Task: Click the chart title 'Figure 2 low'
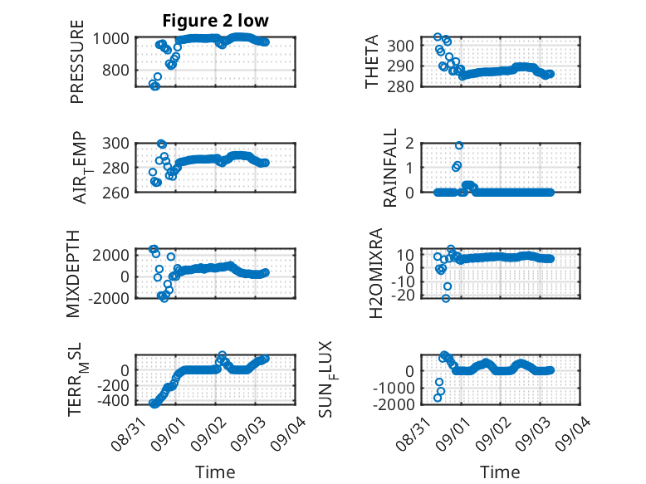click(x=215, y=21)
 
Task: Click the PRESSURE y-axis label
click(x=77, y=61)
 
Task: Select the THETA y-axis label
click(x=372, y=61)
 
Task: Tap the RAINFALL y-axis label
click(x=389, y=168)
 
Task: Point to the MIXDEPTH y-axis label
click(x=73, y=274)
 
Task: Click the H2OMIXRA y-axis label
click(x=376, y=273)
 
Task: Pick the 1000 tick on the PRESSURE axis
click(x=110, y=39)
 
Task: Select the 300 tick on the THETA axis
click(x=400, y=46)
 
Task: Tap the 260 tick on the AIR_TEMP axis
click(x=115, y=193)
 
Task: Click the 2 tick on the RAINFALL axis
click(x=409, y=144)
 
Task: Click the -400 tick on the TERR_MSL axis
click(x=113, y=400)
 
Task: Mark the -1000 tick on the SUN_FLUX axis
click(x=394, y=388)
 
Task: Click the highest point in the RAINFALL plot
click(x=459, y=145)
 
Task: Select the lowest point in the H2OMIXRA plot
click(x=446, y=298)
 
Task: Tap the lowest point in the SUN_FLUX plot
click(x=438, y=398)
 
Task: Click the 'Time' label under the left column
click(x=215, y=472)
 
